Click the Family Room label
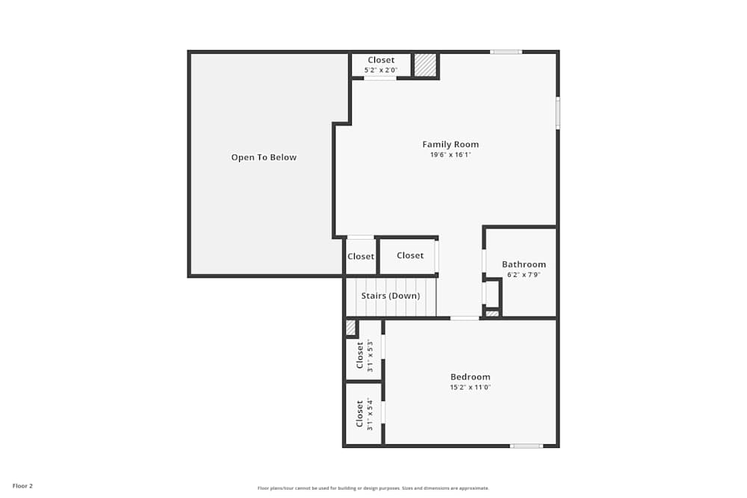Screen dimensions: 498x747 (x=450, y=145)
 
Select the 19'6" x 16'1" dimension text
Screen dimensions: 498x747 (x=450, y=155)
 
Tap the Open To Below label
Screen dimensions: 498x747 (x=264, y=158)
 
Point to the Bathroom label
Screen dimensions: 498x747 (x=524, y=264)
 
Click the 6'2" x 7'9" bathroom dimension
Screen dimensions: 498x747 (x=524, y=275)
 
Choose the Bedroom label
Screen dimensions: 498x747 (x=470, y=377)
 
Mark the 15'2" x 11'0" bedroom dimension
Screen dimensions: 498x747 (x=470, y=387)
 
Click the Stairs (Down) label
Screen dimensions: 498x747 (x=390, y=296)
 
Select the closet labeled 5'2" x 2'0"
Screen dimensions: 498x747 (x=381, y=65)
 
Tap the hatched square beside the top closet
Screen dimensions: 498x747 (x=425, y=65)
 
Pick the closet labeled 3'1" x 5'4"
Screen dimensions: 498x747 (x=363, y=414)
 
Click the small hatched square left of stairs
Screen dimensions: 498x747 (x=350, y=327)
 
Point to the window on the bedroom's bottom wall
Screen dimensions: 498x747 (x=526, y=446)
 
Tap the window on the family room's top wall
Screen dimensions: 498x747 (x=506, y=52)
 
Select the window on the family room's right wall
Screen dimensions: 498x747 (x=557, y=113)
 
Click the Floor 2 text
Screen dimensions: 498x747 (x=22, y=486)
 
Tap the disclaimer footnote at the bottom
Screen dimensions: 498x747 (x=373, y=488)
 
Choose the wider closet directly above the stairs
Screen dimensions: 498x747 (x=409, y=256)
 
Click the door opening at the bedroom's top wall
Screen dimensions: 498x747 (x=465, y=318)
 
